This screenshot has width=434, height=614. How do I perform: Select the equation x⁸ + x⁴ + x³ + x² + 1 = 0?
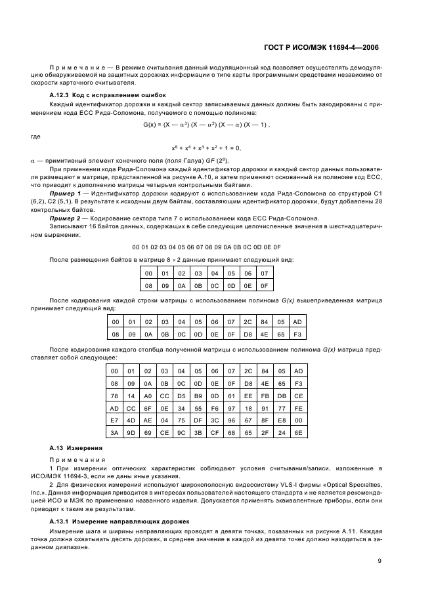pyautogui.click(x=206, y=149)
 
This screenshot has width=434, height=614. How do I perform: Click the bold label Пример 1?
pyautogui.click(x=65, y=194)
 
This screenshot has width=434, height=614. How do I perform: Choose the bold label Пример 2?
pyautogui.click(x=65, y=218)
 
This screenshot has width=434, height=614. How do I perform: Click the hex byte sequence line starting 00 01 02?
pyautogui.click(x=206, y=247)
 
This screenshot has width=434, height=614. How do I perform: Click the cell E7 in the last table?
pyautogui.click(x=115, y=422)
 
